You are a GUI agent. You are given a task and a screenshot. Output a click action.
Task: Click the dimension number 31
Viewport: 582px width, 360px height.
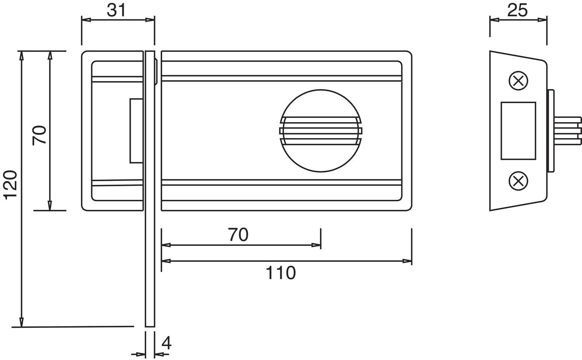[x=116, y=10]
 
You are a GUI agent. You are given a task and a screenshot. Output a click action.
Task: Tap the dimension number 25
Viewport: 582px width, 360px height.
[x=518, y=10]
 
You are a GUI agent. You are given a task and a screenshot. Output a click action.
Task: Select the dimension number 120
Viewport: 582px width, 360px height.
[x=11, y=185]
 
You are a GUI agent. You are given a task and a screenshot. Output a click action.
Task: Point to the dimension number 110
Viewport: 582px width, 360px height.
[x=281, y=273]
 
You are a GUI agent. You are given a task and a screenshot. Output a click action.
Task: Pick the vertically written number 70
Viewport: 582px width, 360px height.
[x=39, y=135]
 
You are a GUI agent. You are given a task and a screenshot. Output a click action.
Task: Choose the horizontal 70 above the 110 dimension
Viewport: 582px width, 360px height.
[x=238, y=235]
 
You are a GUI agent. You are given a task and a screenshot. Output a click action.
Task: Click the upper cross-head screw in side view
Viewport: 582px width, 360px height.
[x=518, y=81]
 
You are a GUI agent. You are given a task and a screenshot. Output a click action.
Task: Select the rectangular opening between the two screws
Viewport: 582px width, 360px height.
[x=518, y=131]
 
